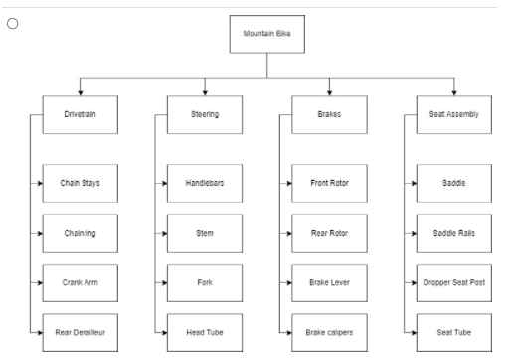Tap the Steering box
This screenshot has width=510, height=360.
[x=205, y=114]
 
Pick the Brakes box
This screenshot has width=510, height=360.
[x=329, y=114]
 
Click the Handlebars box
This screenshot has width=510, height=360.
[x=205, y=184]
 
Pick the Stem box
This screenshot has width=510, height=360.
[x=205, y=234]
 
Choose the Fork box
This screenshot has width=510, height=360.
[x=205, y=282]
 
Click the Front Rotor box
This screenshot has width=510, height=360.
[x=329, y=184]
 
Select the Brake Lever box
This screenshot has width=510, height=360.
[x=329, y=282]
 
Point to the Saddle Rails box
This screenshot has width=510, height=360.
[x=452, y=234]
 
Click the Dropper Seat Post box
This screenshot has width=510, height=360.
[x=452, y=282]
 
